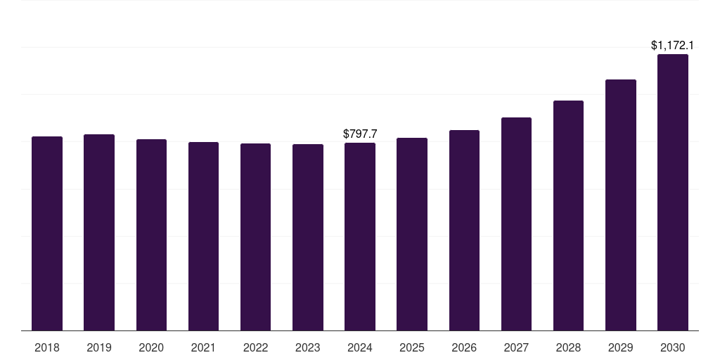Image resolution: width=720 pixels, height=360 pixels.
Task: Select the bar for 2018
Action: point(47,233)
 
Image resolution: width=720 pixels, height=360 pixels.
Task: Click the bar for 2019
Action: point(99,232)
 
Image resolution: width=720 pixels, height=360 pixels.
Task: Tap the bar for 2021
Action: point(203,236)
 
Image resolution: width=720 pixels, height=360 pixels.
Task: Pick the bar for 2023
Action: point(308,238)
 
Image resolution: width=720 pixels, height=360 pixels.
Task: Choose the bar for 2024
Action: point(360,236)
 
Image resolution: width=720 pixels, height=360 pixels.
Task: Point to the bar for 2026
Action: point(464,230)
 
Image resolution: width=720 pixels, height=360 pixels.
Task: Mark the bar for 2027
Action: point(517,224)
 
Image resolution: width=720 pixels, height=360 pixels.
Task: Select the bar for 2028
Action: point(568,215)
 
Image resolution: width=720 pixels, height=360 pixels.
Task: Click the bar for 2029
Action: point(621,205)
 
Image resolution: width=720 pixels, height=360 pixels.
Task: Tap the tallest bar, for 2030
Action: point(673,193)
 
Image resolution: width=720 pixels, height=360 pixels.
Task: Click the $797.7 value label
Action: point(360,134)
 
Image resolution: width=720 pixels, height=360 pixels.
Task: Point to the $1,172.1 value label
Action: point(672,46)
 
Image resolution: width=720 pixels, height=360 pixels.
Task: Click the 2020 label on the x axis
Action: point(151,347)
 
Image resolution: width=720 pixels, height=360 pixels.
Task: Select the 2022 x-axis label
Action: point(255,347)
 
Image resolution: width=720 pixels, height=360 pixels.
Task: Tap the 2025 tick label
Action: point(412,347)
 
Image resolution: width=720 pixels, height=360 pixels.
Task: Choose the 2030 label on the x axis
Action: point(673,347)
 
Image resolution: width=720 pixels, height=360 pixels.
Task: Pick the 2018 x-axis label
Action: point(47,347)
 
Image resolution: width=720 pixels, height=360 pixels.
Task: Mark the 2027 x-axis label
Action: point(517,347)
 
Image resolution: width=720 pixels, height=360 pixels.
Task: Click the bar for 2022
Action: point(255,237)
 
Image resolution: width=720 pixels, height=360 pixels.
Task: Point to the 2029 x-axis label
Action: point(621,347)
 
